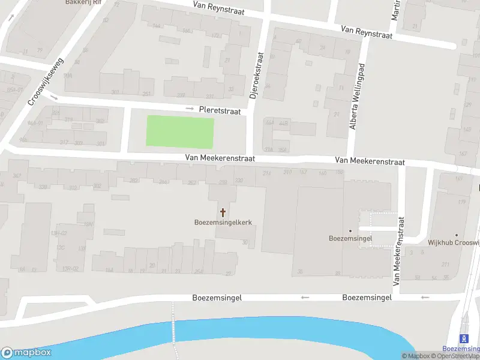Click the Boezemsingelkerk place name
[x=223, y=222]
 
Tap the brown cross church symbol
[x=223, y=212]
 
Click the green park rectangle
[x=180, y=133]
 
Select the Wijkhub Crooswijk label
[x=454, y=243]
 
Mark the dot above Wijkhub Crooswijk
[x=457, y=235]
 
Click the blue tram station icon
[x=463, y=339]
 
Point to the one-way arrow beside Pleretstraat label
[x=190, y=109]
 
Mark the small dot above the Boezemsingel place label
[x=351, y=231]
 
